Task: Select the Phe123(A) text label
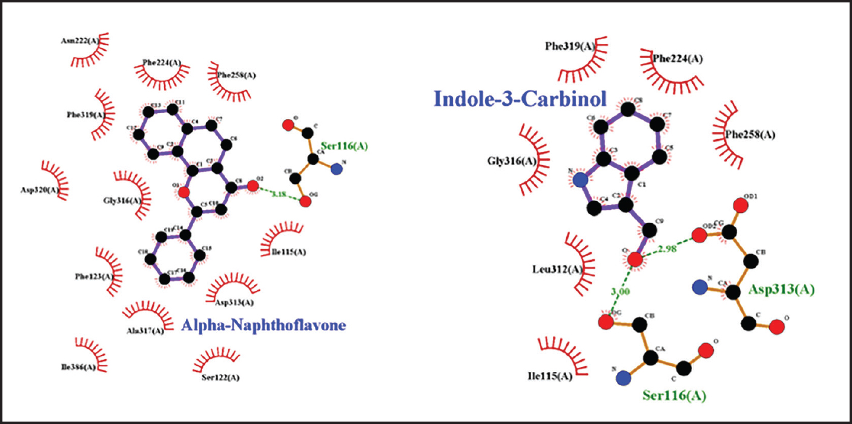pos(94,277)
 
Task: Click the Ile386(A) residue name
pos(78,367)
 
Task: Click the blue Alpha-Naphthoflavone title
pos(263,325)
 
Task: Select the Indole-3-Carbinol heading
pos(520,99)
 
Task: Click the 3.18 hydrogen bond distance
pos(280,195)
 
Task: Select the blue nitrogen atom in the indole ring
pos(580,180)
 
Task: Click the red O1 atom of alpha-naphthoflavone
pos(184,192)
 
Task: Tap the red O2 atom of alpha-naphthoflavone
pos(253,184)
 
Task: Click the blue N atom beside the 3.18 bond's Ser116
pos(337,169)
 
